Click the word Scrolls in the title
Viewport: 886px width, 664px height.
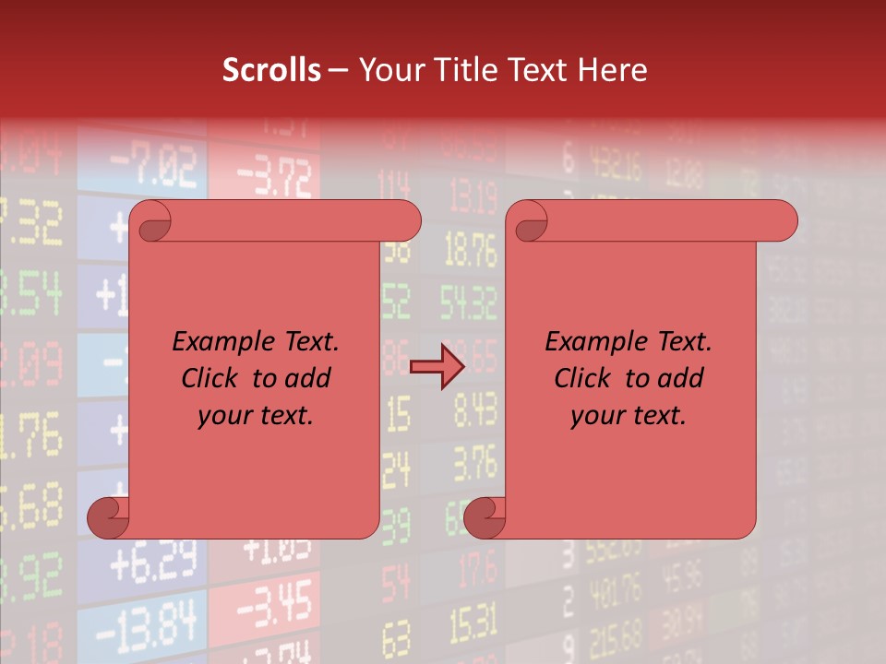click(271, 70)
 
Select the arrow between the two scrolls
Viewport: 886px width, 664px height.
click(436, 367)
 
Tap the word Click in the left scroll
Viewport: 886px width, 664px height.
click(211, 378)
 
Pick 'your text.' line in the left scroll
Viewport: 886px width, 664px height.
click(256, 416)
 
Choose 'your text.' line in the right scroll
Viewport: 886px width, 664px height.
click(629, 416)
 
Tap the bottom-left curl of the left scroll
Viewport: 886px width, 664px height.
click(109, 517)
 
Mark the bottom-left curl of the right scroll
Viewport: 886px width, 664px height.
click(485, 517)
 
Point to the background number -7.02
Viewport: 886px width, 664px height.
click(154, 167)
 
